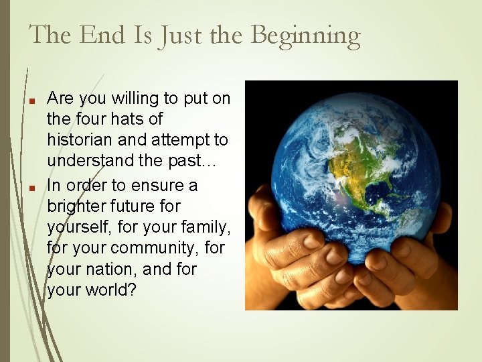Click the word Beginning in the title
point(305,36)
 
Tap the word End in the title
point(102,34)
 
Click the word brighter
point(76,205)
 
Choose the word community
point(156,248)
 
